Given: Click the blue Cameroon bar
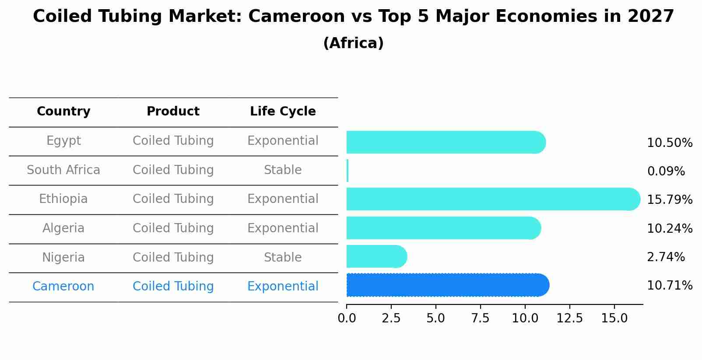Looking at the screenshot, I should tap(446, 285).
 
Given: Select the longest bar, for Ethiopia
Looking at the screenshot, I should tap(492, 199).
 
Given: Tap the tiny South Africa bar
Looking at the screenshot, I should tap(347, 171).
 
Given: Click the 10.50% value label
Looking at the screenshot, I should tap(670, 143).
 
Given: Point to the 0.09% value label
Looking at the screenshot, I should tap(666, 171).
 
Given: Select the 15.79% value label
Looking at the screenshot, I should tap(670, 200).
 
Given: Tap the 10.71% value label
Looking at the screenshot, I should tap(670, 286).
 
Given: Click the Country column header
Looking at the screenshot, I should tap(63, 112).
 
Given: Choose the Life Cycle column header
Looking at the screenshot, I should tap(283, 112).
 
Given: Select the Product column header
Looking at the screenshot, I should tap(173, 112).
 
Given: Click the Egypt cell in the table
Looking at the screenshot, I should tap(63, 141).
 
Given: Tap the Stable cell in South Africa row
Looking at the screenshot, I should tap(283, 170).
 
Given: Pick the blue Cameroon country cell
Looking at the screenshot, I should tap(63, 287).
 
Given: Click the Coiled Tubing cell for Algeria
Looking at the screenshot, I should tap(173, 228).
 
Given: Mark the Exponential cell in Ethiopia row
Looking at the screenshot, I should tap(283, 199).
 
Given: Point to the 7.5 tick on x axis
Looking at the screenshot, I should tap(480, 318).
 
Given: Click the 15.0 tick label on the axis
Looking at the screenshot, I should tap(614, 318).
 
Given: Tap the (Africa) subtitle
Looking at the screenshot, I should tap(353, 43).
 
